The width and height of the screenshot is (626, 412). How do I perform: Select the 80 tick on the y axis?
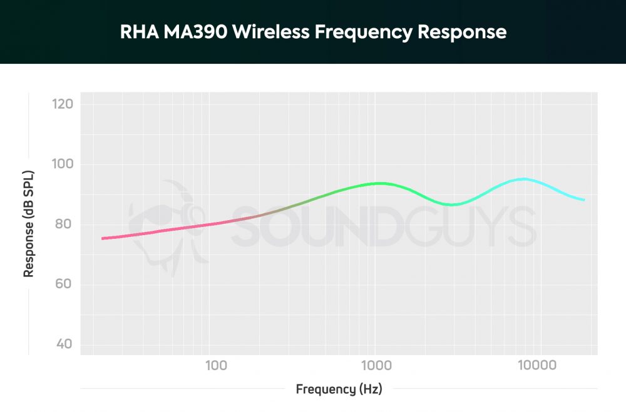(x=64, y=224)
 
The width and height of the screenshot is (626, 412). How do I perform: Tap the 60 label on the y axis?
(x=64, y=284)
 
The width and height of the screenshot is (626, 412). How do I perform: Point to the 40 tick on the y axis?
(x=64, y=344)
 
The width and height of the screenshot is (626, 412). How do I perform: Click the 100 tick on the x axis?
(x=215, y=364)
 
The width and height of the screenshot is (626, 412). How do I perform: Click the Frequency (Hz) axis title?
(x=339, y=389)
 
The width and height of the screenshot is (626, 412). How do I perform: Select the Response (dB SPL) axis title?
(x=28, y=224)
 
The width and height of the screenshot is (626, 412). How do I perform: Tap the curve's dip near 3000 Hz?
(x=452, y=204)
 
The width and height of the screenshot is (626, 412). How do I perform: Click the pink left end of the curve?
(x=103, y=238)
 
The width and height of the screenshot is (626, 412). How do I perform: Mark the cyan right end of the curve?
(x=583, y=200)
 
